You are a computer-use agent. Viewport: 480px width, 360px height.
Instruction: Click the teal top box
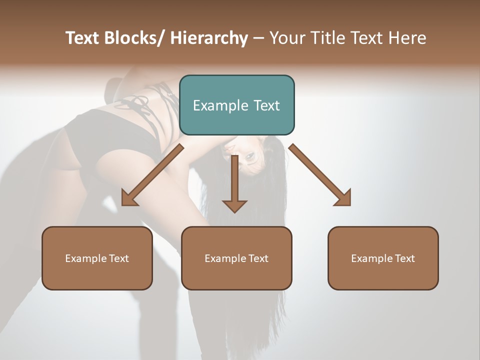(x=236, y=105)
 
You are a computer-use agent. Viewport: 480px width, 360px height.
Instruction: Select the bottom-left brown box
(x=97, y=258)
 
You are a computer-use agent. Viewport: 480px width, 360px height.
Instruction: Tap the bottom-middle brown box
(x=236, y=258)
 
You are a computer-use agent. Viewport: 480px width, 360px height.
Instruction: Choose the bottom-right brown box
(x=383, y=258)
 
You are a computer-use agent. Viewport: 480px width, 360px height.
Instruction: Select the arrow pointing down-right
(x=320, y=175)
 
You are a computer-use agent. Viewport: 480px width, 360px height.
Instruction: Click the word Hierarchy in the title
(x=209, y=38)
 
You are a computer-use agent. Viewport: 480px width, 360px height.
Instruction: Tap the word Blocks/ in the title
(x=134, y=38)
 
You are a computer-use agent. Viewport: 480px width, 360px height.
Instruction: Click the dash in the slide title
(x=258, y=38)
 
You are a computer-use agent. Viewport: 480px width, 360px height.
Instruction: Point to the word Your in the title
(x=286, y=38)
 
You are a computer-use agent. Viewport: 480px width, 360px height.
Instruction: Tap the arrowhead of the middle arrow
(x=234, y=206)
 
